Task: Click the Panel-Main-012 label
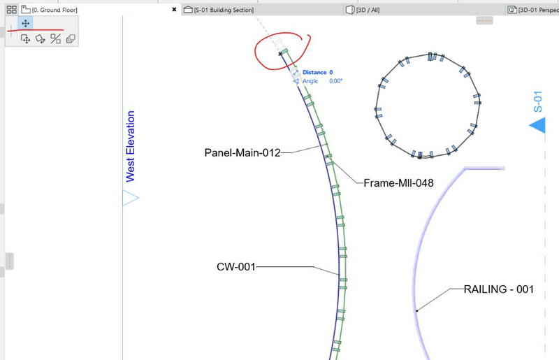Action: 242,152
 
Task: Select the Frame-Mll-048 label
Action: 398,183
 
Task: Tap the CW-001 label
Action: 236,267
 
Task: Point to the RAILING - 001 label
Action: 499,289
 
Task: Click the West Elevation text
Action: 130,146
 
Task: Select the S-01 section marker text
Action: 537,101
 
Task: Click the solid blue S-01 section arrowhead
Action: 537,125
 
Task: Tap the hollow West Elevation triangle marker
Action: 131,198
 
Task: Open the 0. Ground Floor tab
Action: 55,10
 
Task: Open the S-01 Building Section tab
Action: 224,10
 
